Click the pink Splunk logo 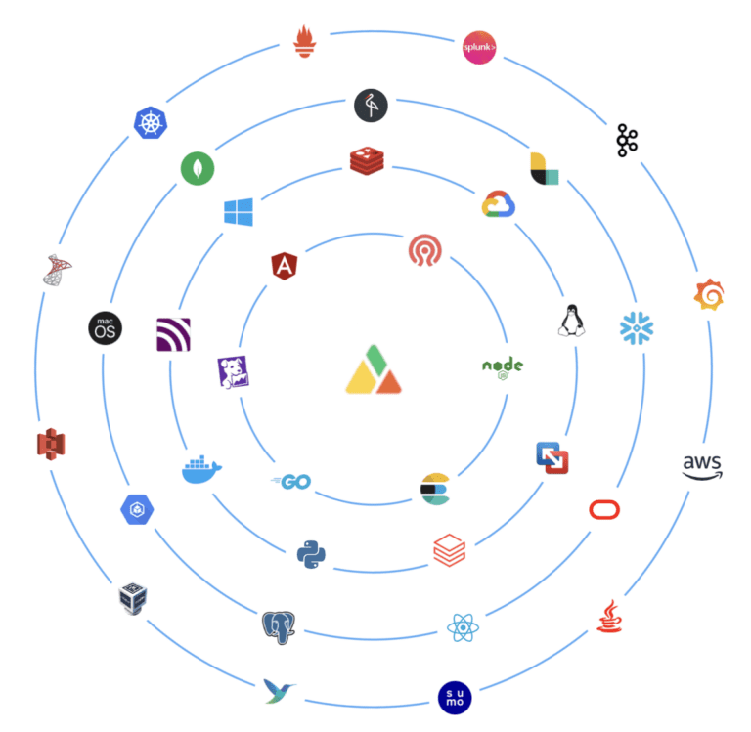tap(479, 47)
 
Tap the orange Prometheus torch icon tap(305, 41)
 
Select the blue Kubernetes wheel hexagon tap(151, 122)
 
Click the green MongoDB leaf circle tap(198, 168)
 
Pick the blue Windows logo tap(239, 212)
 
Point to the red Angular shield tap(285, 266)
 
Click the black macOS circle tap(106, 328)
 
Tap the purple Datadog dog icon tap(234, 372)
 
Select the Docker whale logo tap(201, 469)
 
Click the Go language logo tap(291, 482)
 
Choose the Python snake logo tap(311, 554)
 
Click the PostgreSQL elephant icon tap(279, 627)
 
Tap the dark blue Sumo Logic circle tap(455, 698)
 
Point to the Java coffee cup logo tap(609, 616)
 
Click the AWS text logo tap(702, 467)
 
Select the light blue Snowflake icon tap(637, 328)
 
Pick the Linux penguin tap(571, 321)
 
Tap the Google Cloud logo tap(499, 204)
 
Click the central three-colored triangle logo tap(374, 369)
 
